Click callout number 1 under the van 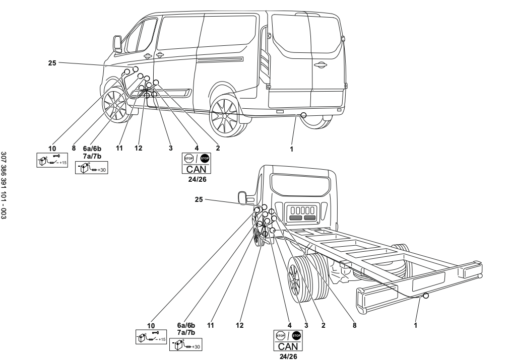coord(291,149)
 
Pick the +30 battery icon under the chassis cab coord(186,346)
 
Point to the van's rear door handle coord(318,64)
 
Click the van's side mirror coord(117,43)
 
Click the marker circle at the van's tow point coord(303,115)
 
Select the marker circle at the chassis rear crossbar coord(426,296)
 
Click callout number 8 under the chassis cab coord(355,326)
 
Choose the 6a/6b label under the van coord(92,149)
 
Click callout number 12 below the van coord(139,149)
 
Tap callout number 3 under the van coord(171,149)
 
